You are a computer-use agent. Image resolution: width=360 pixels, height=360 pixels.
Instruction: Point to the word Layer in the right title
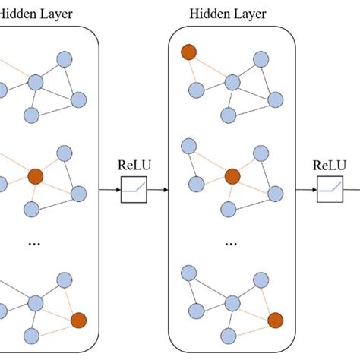254,14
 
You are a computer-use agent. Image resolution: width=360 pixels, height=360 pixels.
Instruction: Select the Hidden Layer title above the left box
30,14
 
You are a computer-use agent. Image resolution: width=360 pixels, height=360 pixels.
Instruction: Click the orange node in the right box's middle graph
232,177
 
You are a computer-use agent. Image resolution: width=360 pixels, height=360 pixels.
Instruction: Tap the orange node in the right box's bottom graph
276,319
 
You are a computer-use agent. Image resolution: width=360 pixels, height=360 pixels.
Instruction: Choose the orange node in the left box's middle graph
34,177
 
